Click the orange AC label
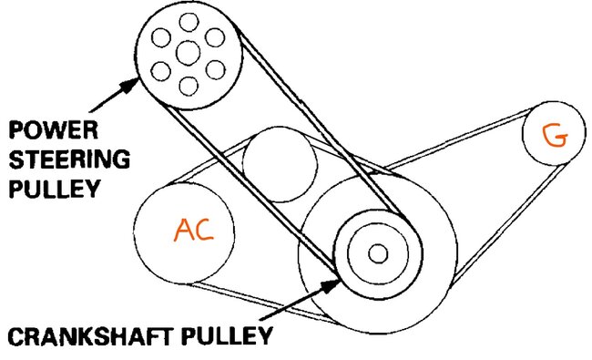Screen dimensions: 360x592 pyautogui.click(x=194, y=231)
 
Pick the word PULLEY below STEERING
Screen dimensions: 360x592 pyautogui.click(x=53, y=190)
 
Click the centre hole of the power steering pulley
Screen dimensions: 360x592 pyautogui.click(x=188, y=53)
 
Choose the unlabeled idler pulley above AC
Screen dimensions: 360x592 pyautogui.click(x=281, y=162)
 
